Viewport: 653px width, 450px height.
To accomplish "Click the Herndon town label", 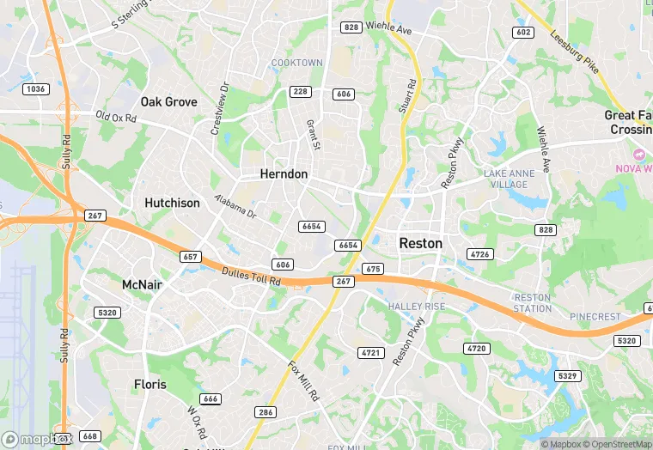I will [284, 173].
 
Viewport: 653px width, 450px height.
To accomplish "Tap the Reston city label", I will [421, 243].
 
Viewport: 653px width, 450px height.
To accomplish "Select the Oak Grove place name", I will [169, 101].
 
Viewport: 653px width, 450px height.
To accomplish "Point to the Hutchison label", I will [172, 203].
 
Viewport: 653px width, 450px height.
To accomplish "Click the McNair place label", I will [142, 284].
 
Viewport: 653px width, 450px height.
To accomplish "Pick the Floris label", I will [150, 384].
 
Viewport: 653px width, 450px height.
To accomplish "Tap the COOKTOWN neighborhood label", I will [297, 63].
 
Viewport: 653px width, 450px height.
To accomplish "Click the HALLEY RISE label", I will [417, 307].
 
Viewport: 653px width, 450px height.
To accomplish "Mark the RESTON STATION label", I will [533, 302].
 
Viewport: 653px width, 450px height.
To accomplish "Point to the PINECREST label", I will [595, 317].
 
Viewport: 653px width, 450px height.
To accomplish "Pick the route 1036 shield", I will [36, 88].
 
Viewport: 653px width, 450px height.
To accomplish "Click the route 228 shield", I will [300, 92].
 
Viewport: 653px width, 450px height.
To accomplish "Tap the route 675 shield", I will [372, 269].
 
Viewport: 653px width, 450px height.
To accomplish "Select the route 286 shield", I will [265, 412].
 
